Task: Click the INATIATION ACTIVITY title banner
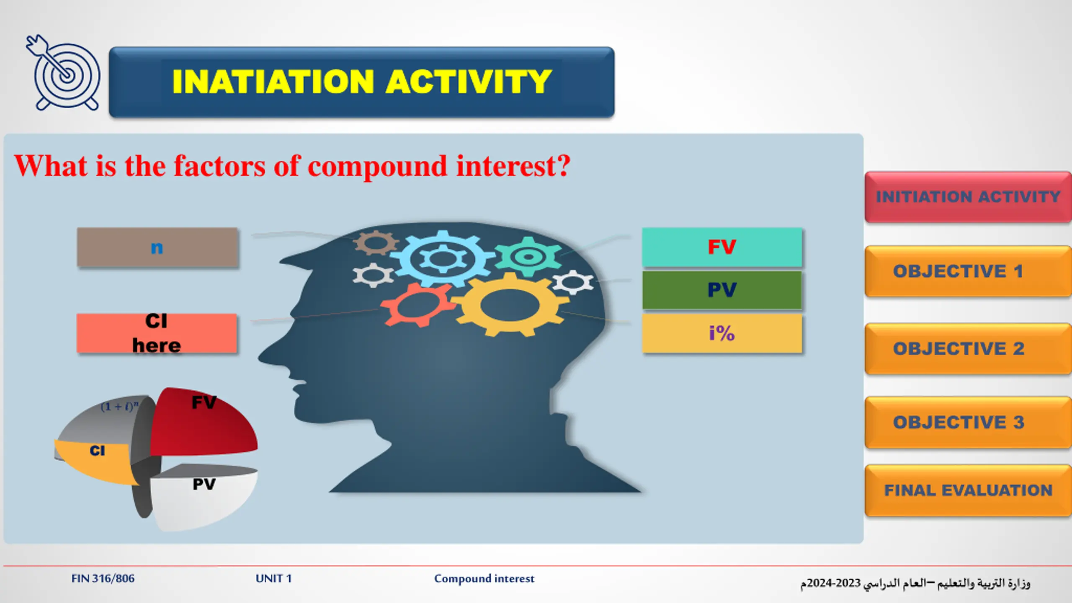[x=362, y=82]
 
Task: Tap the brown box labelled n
[x=157, y=247]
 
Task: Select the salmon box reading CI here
[x=157, y=333]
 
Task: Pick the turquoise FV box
[x=722, y=247]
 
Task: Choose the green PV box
[x=722, y=290]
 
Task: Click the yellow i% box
[x=722, y=334]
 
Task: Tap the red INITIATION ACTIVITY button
[x=968, y=197]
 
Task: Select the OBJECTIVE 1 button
[x=968, y=271]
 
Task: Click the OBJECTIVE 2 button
[x=968, y=348]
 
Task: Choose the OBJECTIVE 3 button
[x=968, y=422]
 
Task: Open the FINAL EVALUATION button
[x=968, y=490]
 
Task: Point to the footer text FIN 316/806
[x=103, y=578]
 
